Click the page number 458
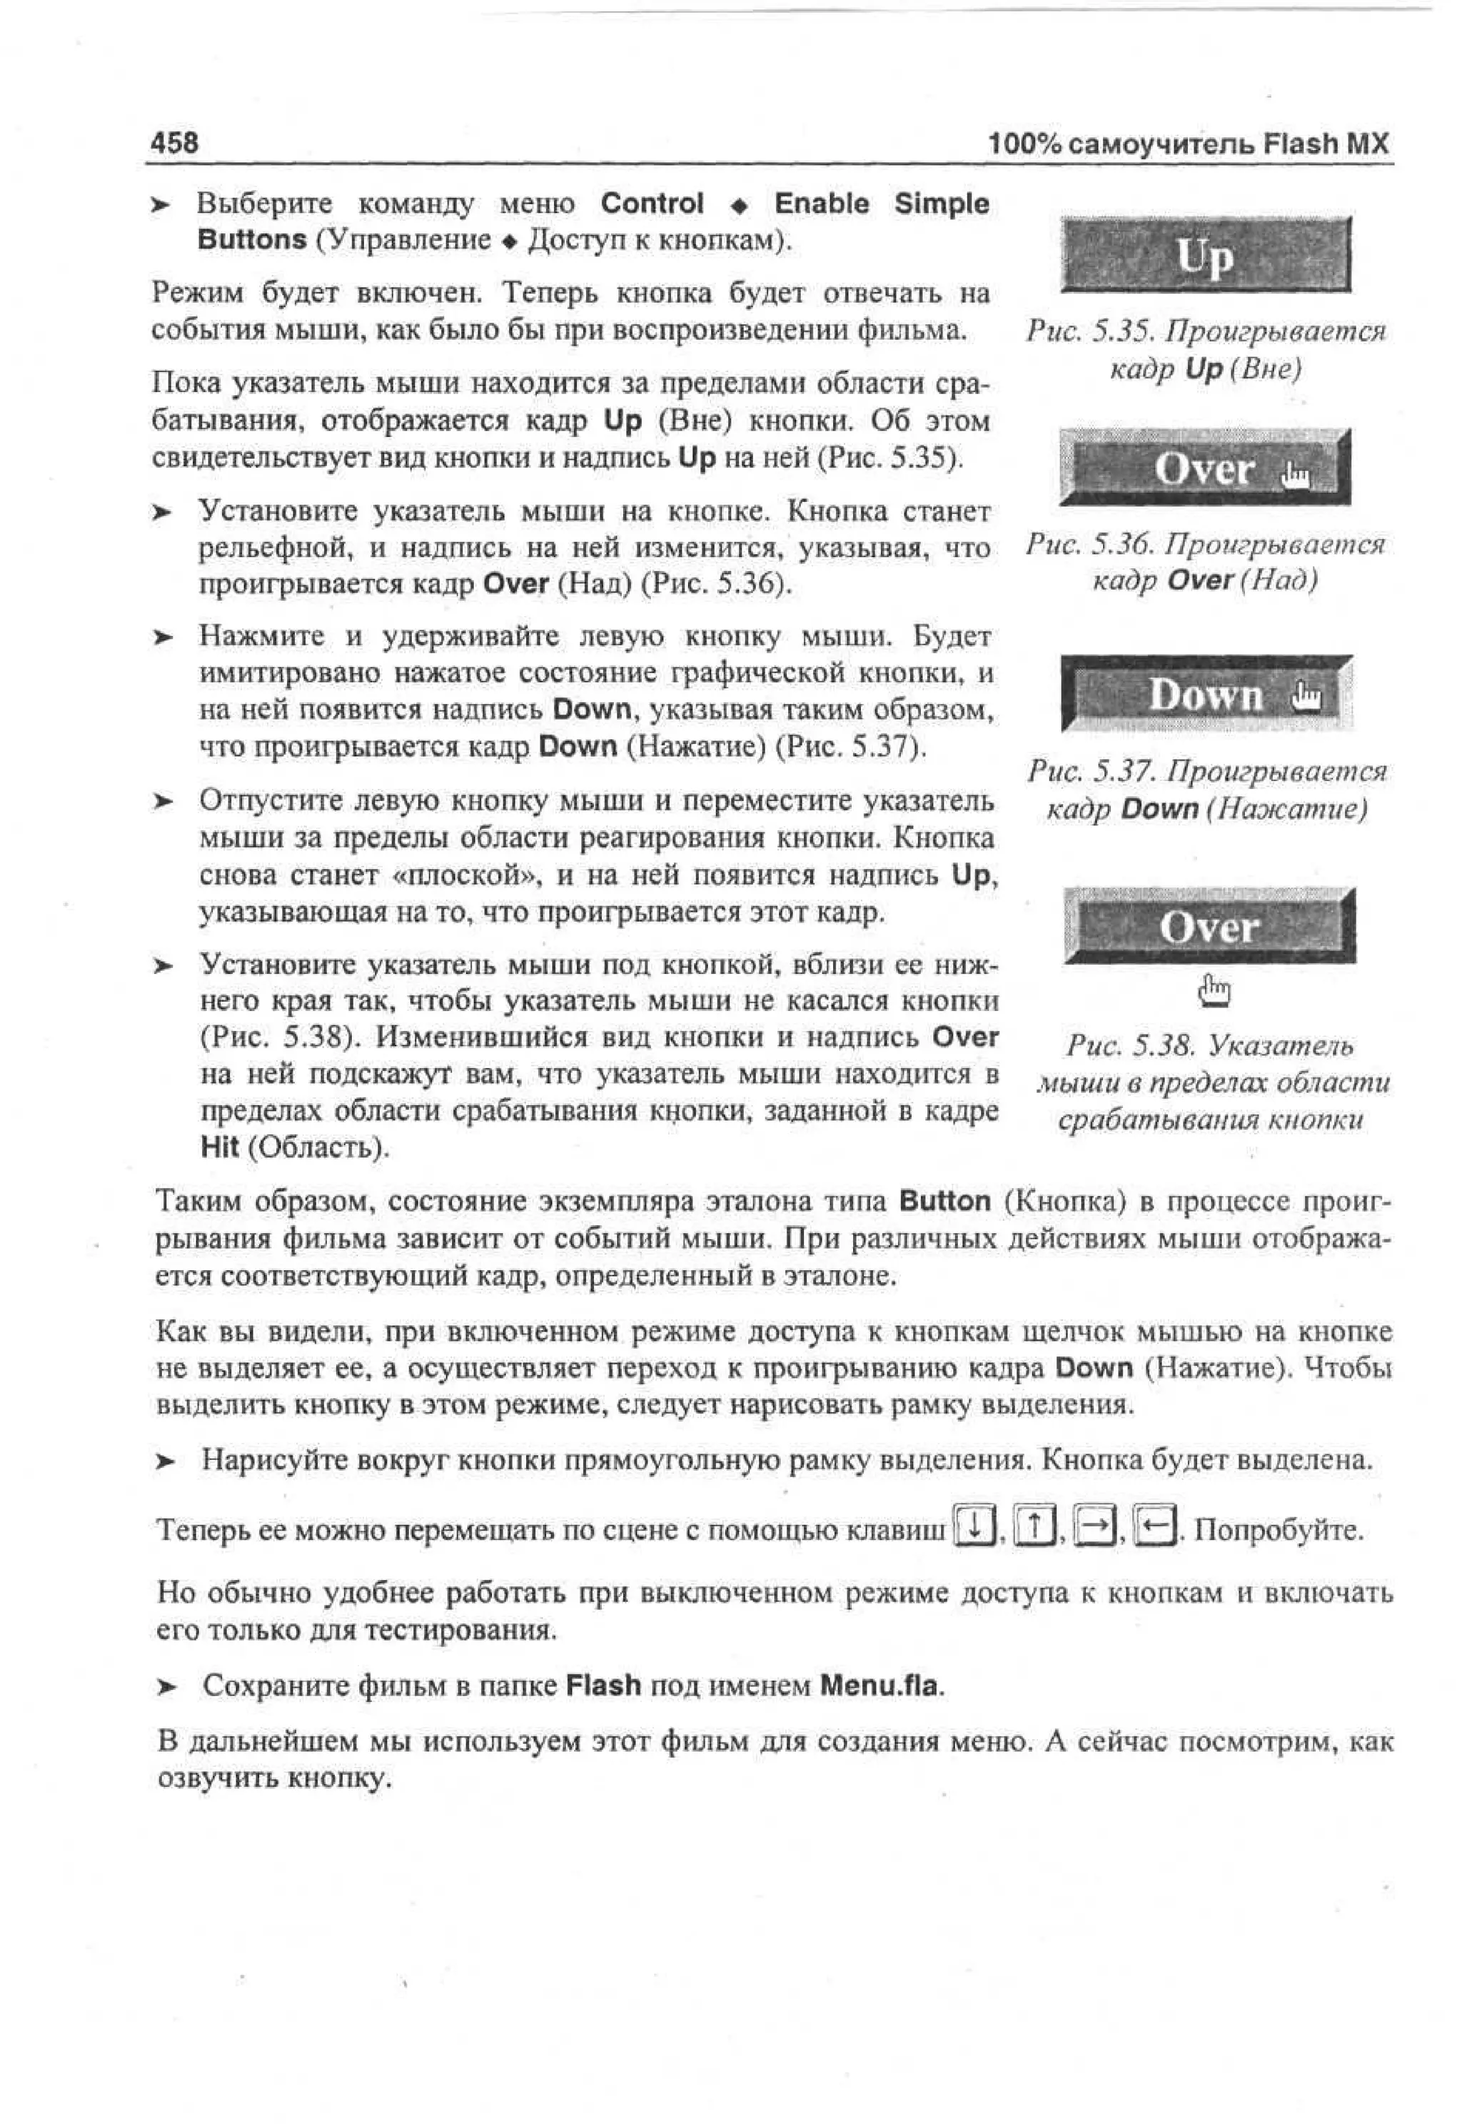(174, 143)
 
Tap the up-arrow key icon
(1035, 1525)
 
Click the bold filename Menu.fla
(879, 1686)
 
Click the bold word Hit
(219, 1147)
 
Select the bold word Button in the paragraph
(944, 1201)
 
